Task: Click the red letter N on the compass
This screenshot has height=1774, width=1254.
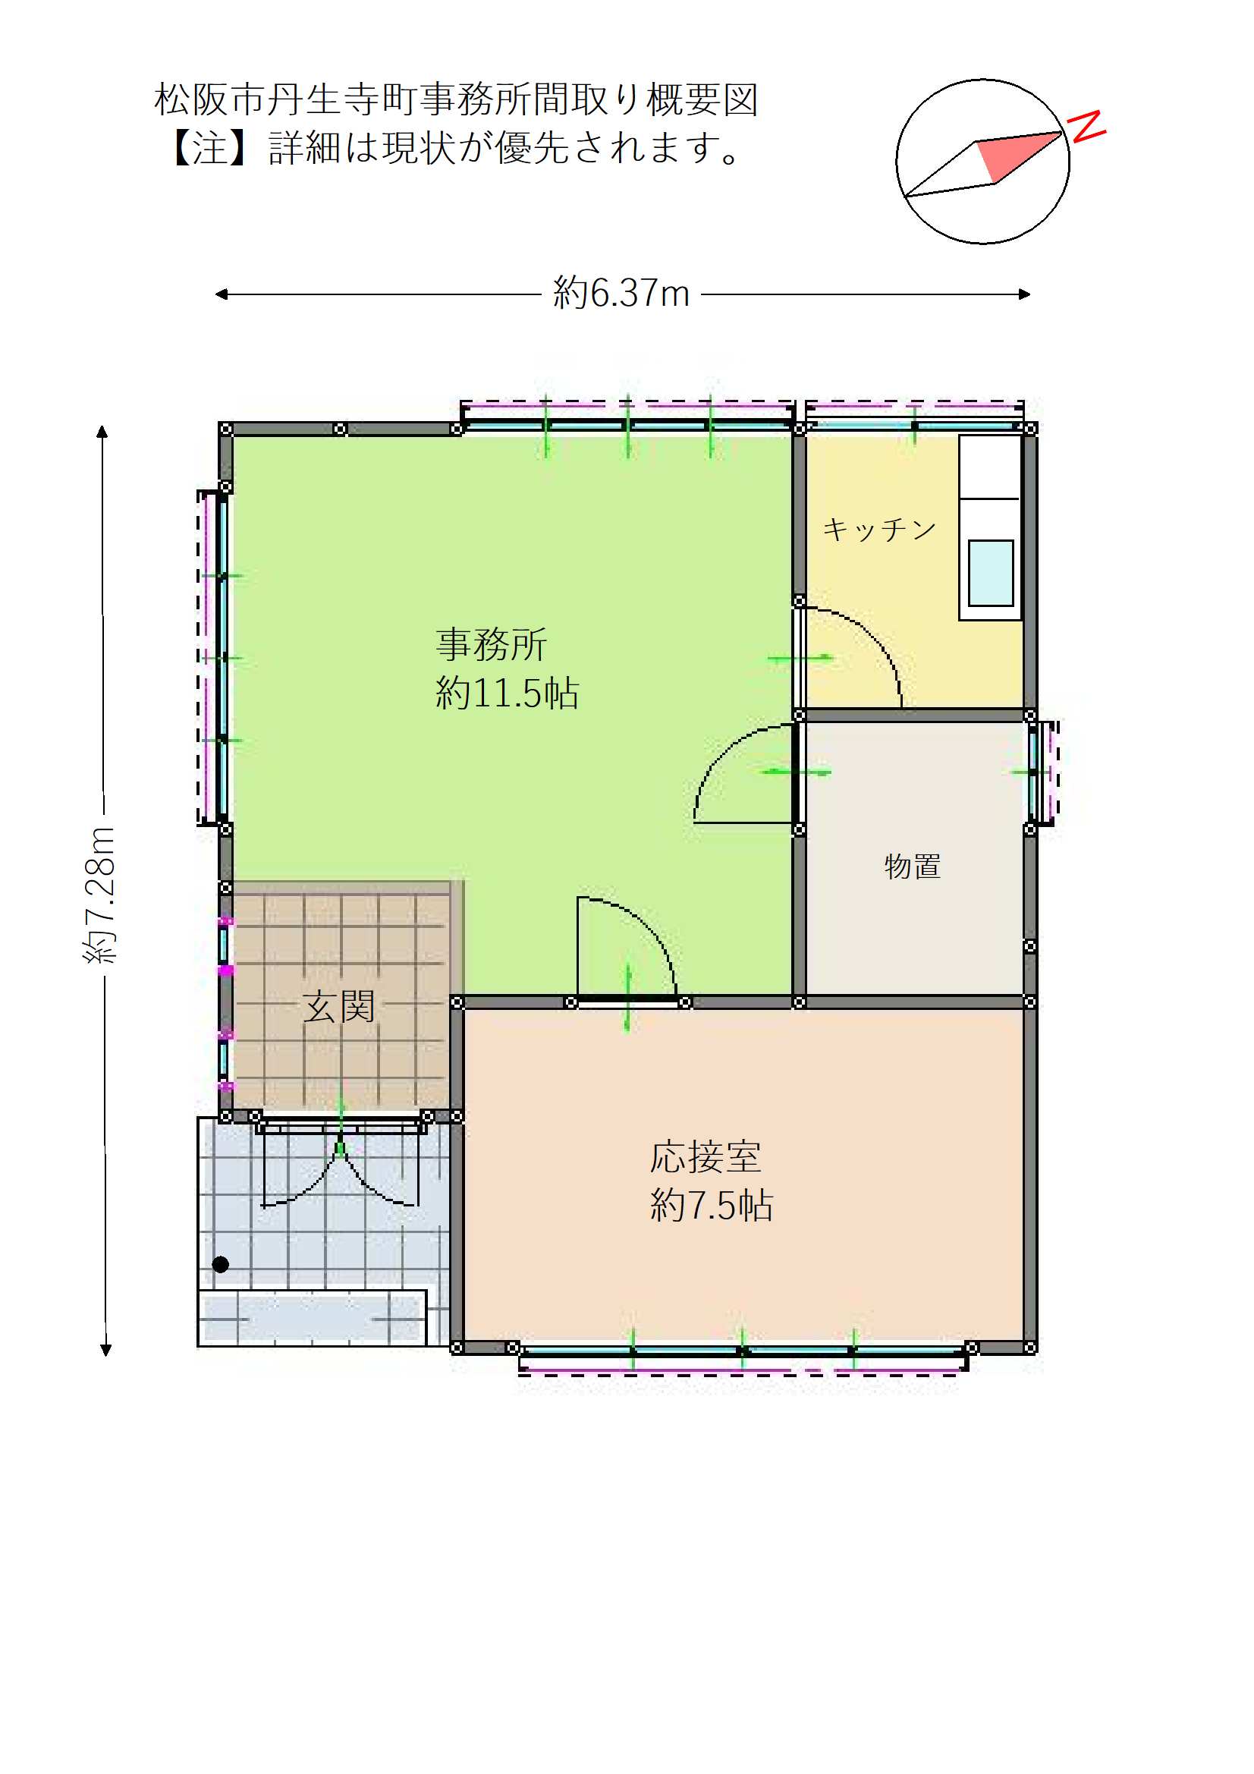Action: [x=1086, y=127]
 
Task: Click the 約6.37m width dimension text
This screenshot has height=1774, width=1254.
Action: [x=621, y=294]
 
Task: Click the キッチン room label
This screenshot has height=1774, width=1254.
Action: [x=879, y=530]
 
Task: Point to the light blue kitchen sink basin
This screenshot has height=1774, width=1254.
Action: [x=991, y=573]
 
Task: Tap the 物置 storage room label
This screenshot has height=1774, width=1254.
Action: [x=913, y=867]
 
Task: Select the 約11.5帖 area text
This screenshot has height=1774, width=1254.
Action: [x=507, y=693]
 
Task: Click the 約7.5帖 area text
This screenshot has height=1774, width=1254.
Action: [x=711, y=1205]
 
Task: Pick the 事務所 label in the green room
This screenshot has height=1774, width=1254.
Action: [x=492, y=644]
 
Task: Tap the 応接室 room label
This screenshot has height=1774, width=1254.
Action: [x=706, y=1156]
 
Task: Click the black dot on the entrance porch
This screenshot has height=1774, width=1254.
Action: [x=220, y=1265]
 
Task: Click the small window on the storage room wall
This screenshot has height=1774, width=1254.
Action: [x=1034, y=772]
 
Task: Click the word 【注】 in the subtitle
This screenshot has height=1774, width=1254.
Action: [x=209, y=147]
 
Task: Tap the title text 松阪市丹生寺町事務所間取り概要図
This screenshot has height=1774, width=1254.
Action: [x=456, y=99]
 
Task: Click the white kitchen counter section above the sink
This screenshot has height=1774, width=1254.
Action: [x=990, y=467]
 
